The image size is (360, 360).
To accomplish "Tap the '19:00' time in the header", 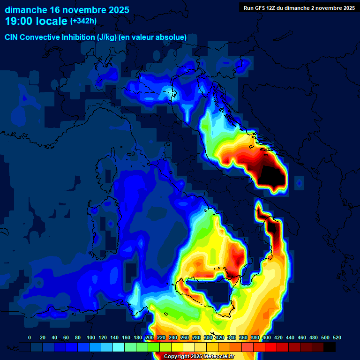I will click(x=19, y=21).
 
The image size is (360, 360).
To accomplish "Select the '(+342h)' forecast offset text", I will click(x=83, y=21).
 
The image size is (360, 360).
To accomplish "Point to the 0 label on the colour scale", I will click(x=30, y=337).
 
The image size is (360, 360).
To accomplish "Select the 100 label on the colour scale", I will click(x=91, y=337).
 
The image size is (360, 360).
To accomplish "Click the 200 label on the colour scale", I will click(x=150, y=337).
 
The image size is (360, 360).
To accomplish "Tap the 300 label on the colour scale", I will click(x=208, y=337).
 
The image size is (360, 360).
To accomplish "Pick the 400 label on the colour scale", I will click(x=267, y=337).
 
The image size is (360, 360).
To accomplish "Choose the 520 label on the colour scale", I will click(x=337, y=337).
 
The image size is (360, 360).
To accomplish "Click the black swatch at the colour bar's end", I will click(x=330, y=347).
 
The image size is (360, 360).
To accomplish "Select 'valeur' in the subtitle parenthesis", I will click(x=150, y=37).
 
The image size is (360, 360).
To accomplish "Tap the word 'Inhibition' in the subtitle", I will click(x=77, y=37).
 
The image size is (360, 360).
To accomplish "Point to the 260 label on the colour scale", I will click(x=185, y=337).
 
